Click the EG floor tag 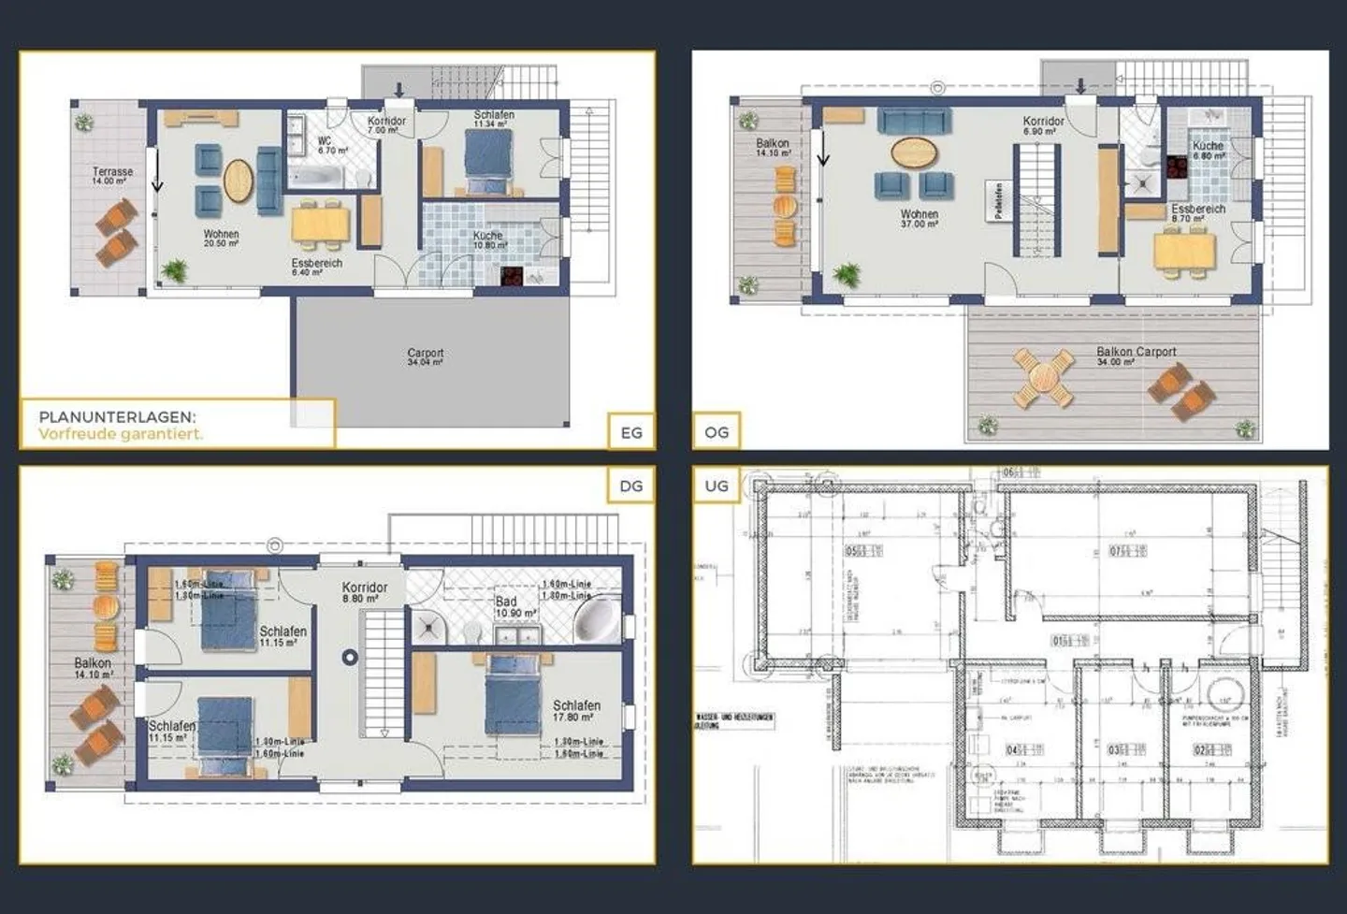pyautogui.click(x=631, y=431)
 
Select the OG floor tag pyautogui.click(x=717, y=431)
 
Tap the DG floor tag pyautogui.click(x=631, y=486)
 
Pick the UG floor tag pyautogui.click(x=717, y=486)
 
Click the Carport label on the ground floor pyautogui.click(x=426, y=356)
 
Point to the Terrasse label pyautogui.click(x=112, y=175)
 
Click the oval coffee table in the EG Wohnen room pyautogui.click(x=239, y=181)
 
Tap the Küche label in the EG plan pyautogui.click(x=488, y=239)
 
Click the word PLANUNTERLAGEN pyautogui.click(x=117, y=417)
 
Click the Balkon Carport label pyautogui.click(x=1136, y=355)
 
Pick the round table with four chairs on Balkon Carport pyautogui.click(x=1042, y=378)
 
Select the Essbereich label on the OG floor pyautogui.click(x=1197, y=212)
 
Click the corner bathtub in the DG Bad pyautogui.click(x=594, y=618)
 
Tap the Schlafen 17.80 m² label pyautogui.click(x=576, y=710)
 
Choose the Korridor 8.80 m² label pyautogui.click(x=364, y=591)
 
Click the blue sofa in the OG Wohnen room pyautogui.click(x=914, y=120)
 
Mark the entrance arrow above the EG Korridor pyautogui.click(x=399, y=90)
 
